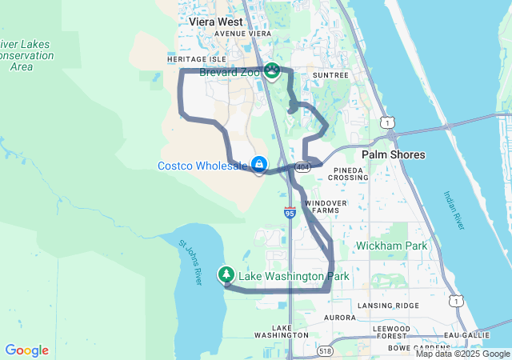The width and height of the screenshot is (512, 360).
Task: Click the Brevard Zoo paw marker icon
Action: tap(273, 72)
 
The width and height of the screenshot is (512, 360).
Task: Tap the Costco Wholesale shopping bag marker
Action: tap(259, 165)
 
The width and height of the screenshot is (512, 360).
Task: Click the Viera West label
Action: tap(216, 22)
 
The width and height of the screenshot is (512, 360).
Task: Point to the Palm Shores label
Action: tap(394, 154)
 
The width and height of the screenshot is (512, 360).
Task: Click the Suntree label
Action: tap(330, 74)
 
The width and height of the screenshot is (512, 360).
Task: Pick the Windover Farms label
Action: tap(326, 207)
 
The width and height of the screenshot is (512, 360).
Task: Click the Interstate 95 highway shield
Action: tap(290, 212)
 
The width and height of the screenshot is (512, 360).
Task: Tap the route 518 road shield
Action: tap(324, 350)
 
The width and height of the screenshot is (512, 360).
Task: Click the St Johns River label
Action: tap(191, 262)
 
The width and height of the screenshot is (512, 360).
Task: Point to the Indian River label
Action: tap(454, 210)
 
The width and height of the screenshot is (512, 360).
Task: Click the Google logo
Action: tap(26, 350)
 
